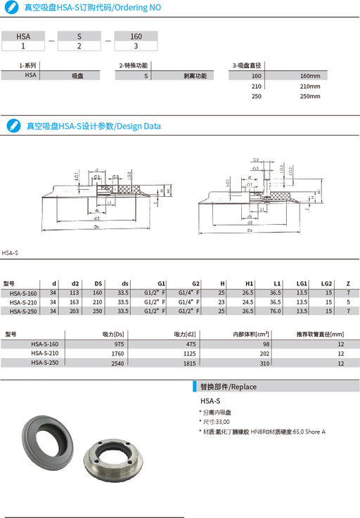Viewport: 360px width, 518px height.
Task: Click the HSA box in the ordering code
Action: point(23,35)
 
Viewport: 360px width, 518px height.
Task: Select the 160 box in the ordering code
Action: point(135,35)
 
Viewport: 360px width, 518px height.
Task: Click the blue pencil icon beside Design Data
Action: point(12,126)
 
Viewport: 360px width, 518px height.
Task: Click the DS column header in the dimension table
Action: point(98,283)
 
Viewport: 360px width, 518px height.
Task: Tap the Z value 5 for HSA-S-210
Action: point(348,302)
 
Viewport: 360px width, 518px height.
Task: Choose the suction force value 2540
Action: point(116,363)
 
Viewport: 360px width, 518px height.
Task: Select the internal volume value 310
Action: point(264,363)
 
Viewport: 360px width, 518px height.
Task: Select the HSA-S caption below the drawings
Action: point(10,252)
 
